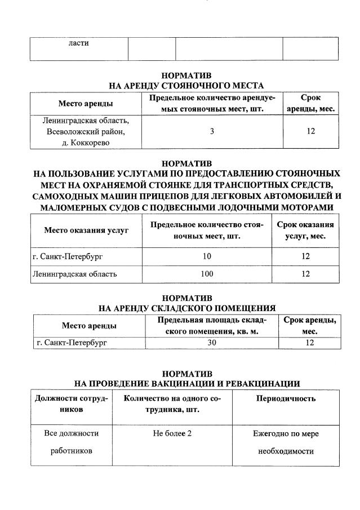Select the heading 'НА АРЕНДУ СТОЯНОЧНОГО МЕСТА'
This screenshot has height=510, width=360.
pyautogui.click(x=186, y=86)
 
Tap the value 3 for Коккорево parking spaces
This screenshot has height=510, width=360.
pyautogui.click(x=212, y=131)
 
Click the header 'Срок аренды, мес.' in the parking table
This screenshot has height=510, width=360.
pyautogui.click(x=311, y=103)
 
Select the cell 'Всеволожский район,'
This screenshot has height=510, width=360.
pyautogui.click(x=86, y=131)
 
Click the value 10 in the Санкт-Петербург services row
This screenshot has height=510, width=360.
pyautogui.click(x=207, y=256)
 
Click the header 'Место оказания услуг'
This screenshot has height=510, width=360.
pyautogui.click(x=86, y=230)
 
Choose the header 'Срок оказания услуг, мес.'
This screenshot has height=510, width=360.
pyautogui.click(x=305, y=230)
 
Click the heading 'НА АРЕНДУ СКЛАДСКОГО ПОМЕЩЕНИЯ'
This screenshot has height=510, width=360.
pyautogui.click(x=186, y=308)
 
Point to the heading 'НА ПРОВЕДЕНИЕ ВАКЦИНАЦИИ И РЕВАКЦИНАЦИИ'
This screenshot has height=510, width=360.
pyautogui.click(x=186, y=384)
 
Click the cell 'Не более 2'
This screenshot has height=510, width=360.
pyautogui.click(x=168, y=433)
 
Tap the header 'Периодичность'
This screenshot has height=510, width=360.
pyautogui.click(x=286, y=398)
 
